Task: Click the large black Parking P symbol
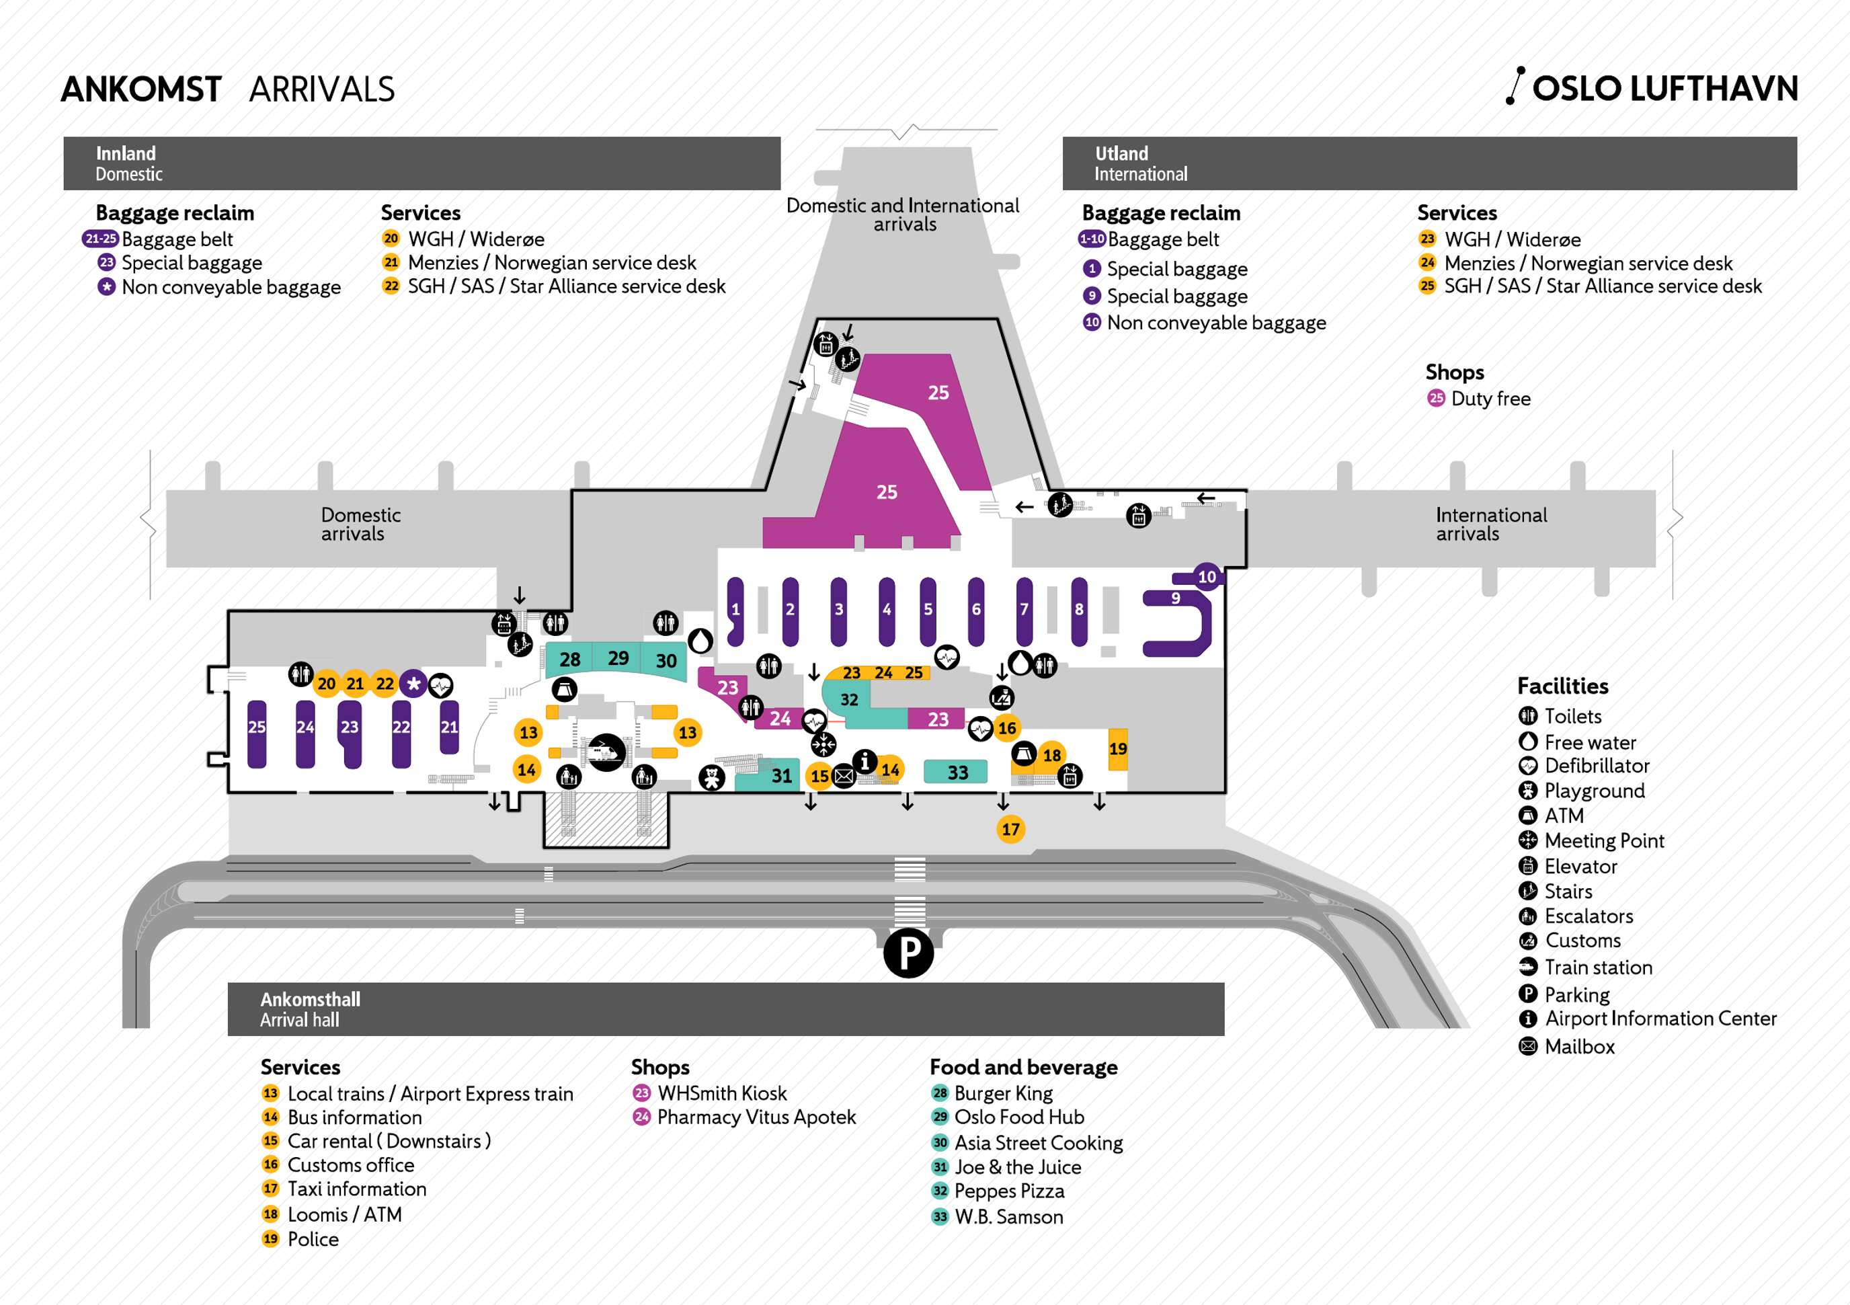point(908,953)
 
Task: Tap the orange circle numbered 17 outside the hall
point(1010,828)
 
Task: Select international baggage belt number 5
point(928,610)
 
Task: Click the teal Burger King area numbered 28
point(569,660)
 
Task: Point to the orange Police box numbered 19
point(1117,749)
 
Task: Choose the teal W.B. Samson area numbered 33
point(957,773)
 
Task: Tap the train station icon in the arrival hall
point(606,752)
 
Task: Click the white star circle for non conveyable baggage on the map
point(413,684)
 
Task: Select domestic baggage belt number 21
point(449,727)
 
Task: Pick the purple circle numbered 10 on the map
point(1206,576)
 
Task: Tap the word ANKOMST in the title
point(141,89)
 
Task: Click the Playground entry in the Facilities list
point(1593,791)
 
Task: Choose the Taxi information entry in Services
point(356,1189)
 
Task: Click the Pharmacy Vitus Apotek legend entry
point(756,1117)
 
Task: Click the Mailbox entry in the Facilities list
point(1578,1046)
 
